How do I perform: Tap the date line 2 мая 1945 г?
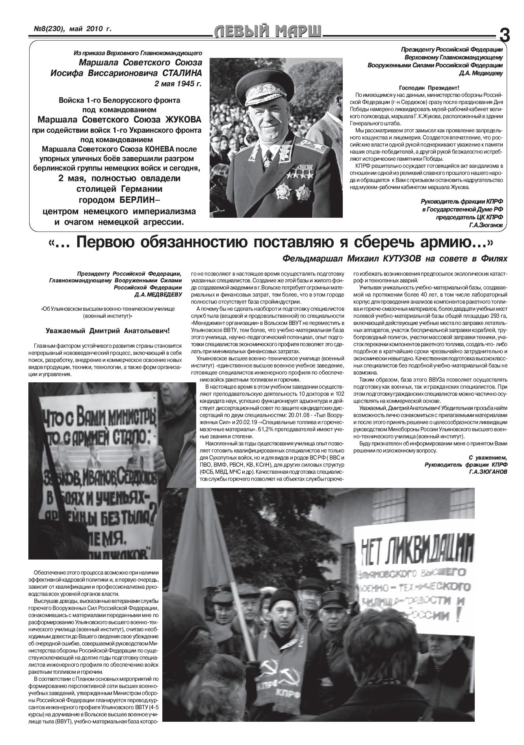(x=178, y=83)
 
